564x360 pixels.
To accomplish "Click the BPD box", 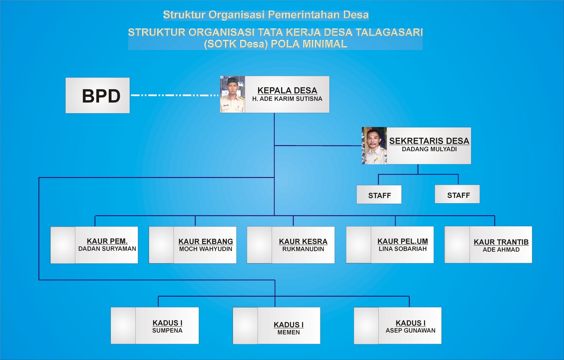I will coord(98,95).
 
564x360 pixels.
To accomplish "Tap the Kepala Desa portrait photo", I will coord(232,94).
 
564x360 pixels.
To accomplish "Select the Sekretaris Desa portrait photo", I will coord(374,146).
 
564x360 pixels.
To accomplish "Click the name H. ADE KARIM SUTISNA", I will coord(287,99).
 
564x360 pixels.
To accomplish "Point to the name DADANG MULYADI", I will coord(429,149).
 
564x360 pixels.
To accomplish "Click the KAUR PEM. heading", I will coord(107,241).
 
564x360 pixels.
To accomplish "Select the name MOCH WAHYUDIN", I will coord(206,249).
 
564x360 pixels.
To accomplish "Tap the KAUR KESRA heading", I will coord(303,241).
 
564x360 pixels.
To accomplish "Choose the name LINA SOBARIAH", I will coord(403,249).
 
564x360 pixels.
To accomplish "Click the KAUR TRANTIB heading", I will coord(501,242).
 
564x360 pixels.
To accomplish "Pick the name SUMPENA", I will coord(167,330).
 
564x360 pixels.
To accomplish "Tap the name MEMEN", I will coord(288,332).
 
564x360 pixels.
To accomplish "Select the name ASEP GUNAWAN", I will coord(410,330).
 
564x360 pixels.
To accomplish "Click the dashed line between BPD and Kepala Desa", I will coord(175,95).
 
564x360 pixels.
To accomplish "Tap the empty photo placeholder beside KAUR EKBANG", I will coord(161,245).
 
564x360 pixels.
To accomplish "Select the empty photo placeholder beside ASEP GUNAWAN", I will coord(366,325).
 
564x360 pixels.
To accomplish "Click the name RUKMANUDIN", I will coord(303,249).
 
